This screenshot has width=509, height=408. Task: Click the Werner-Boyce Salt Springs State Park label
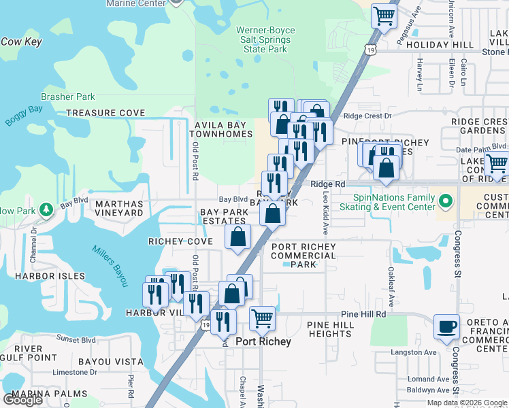[x=263, y=40]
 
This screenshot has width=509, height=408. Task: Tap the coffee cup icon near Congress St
[x=446, y=327]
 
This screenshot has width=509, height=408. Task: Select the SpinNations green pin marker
[x=446, y=201]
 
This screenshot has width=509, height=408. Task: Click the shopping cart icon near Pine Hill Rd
[x=262, y=317]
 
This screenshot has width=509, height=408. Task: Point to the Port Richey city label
[x=263, y=342]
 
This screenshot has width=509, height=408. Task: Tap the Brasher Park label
[x=68, y=97]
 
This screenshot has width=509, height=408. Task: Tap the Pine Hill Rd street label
[x=363, y=314]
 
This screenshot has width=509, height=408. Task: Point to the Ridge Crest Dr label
[x=368, y=116]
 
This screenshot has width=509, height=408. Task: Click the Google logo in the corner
[x=22, y=400]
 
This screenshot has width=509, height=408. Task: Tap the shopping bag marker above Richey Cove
[x=238, y=237]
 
